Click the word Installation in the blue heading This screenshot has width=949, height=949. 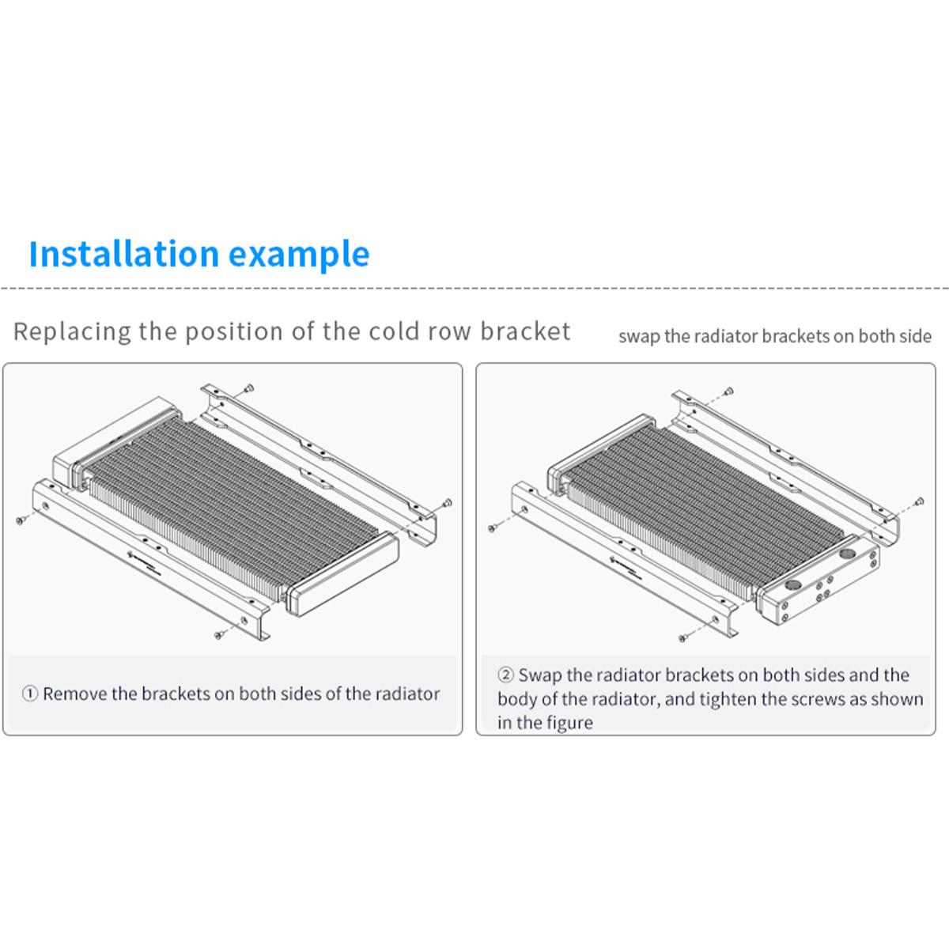coord(123,254)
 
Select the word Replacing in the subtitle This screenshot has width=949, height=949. coord(73,332)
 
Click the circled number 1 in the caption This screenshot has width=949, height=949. coord(30,694)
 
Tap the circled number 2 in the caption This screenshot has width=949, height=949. coord(505,675)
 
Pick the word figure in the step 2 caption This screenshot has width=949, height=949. coord(571,724)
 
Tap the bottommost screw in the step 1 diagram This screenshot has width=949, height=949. coord(218,635)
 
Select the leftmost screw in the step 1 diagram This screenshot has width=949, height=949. coord(20,520)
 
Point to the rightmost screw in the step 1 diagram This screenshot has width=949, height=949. coord(447,503)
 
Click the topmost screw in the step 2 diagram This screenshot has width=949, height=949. coord(729,391)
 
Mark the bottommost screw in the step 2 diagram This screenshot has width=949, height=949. coord(682,638)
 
